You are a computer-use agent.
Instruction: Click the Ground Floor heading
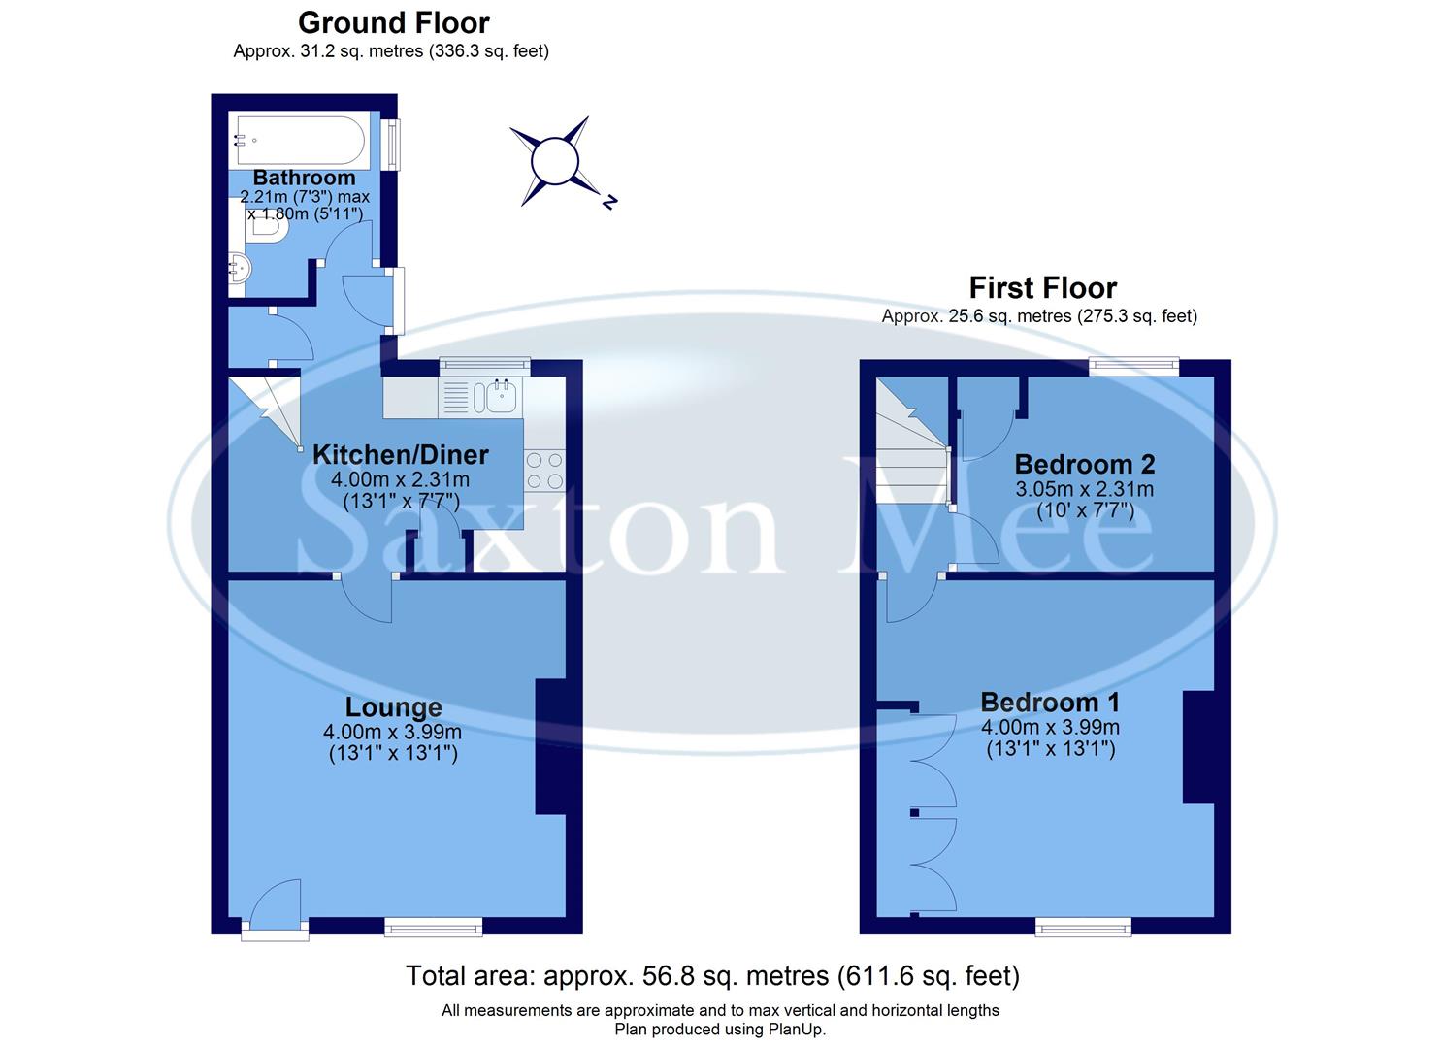pos(393,22)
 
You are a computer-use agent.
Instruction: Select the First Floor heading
pos(1042,287)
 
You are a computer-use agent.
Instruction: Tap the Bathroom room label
pos(304,178)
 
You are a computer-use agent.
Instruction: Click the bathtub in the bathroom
pos(299,143)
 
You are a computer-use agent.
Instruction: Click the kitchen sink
pos(501,396)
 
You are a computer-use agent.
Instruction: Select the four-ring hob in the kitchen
pos(544,471)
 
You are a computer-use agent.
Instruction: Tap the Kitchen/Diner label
pos(400,454)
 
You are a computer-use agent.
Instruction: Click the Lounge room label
pos(393,707)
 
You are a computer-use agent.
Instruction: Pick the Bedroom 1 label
pos(1050,702)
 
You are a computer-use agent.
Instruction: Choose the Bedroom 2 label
pos(1084,464)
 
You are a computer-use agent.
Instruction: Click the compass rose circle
pos(554,160)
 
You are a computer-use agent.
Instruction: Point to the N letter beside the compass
pos(609,203)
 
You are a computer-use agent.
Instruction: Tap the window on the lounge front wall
pos(433,928)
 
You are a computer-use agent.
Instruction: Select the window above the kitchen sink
pos(484,366)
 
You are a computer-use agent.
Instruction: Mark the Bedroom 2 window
pos(1132,367)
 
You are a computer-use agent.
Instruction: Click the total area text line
pos(712,975)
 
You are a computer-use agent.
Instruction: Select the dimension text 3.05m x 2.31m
pos(1084,489)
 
